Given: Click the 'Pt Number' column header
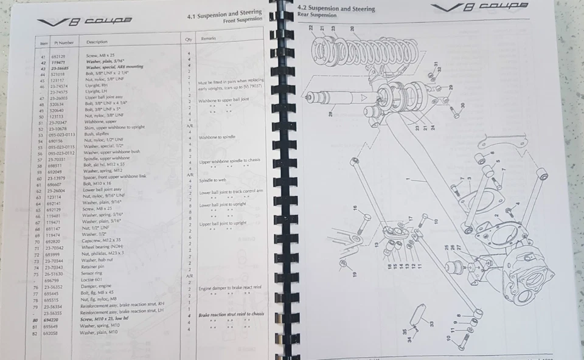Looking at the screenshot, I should (64, 43).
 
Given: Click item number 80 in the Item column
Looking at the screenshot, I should (43, 320).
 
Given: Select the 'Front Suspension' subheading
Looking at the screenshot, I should (243, 20).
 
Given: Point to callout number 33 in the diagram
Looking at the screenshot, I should (431, 324).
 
